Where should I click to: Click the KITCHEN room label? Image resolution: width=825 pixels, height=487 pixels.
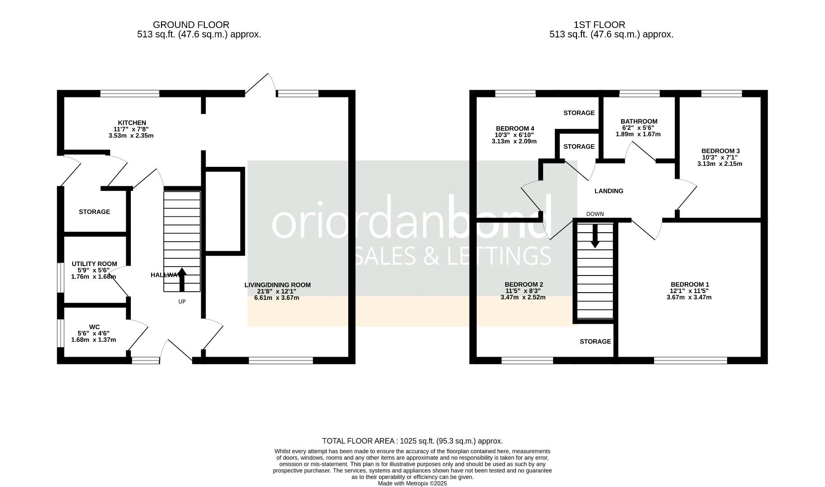[132, 123]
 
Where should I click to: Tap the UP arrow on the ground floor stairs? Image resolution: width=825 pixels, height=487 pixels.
[182, 280]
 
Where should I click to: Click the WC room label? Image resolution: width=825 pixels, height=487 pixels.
[94, 327]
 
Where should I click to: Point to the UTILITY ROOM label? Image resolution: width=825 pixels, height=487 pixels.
[94, 264]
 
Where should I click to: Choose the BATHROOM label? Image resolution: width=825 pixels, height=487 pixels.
[639, 121]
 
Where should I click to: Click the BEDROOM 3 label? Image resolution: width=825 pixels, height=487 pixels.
[720, 151]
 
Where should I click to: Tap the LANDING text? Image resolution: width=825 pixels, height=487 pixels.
[608, 191]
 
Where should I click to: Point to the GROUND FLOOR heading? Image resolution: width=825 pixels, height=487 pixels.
[191, 25]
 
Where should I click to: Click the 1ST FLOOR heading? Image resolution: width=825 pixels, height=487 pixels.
[599, 25]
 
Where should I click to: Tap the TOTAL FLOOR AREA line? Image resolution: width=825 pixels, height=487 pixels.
[412, 441]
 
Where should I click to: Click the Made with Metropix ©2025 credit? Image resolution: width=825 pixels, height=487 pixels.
[412, 483]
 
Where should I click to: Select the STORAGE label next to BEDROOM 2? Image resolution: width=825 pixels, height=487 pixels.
[595, 341]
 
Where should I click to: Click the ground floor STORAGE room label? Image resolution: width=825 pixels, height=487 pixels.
[94, 211]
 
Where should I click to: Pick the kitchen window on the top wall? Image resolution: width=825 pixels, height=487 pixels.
[130, 93]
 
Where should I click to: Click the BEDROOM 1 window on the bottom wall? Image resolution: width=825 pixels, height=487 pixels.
[690, 360]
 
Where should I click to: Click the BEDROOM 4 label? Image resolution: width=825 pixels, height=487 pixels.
[515, 128]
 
